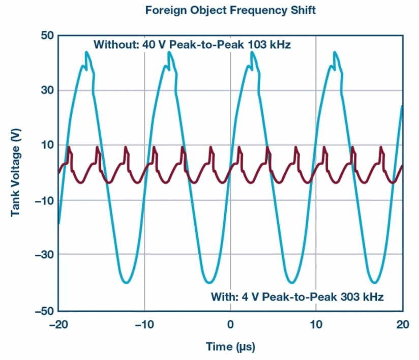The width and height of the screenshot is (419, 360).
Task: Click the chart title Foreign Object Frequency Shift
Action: pos(230,10)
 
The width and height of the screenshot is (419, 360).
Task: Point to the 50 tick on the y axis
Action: pos(47,36)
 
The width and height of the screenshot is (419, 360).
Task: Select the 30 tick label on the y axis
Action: pos(47,91)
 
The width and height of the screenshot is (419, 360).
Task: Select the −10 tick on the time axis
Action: pos(144,324)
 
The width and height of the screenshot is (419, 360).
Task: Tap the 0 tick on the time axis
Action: pos(230,324)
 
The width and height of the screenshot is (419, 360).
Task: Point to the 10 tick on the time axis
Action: pos(316,324)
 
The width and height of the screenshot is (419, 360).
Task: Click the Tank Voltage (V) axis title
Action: pos(16,172)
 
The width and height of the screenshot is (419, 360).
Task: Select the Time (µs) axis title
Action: pos(230,347)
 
